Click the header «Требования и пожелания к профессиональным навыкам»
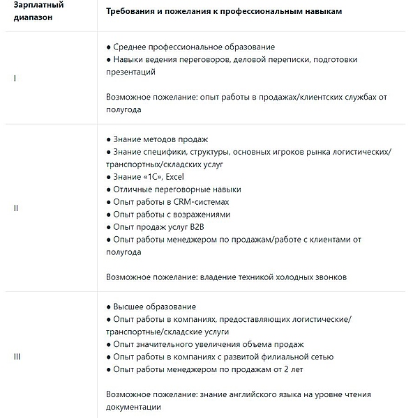click(x=224, y=13)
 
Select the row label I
click(x=15, y=78)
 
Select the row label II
click(x=16, y=208)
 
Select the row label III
click(x=17, y=357)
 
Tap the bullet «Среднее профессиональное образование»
click(x=193, y=47)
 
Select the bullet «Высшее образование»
click(x=154, y=307)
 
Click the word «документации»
click(x=133, y=407)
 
